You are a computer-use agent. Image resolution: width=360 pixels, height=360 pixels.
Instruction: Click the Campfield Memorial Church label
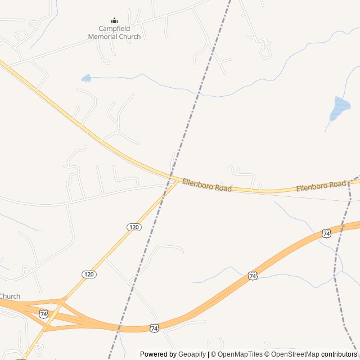tap(114, 33)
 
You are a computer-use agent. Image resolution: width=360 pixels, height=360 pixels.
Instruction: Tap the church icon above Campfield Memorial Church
tap(115, 21)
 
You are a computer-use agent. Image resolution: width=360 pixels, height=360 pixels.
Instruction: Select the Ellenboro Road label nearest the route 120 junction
tap(206, 185)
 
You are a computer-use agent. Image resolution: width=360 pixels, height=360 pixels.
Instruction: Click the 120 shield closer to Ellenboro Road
tap(133, 227)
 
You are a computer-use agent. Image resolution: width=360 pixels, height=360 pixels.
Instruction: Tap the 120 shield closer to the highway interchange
tap(89, 274)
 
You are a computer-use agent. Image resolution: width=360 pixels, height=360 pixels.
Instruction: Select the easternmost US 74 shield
tap(326, 233)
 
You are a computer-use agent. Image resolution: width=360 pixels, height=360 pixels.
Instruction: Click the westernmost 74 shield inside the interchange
tap(43, 313)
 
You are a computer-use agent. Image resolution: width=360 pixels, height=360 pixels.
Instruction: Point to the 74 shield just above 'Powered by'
tap(154, 328)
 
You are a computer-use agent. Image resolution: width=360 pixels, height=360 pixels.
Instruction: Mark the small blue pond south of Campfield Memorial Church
tap(86, 78)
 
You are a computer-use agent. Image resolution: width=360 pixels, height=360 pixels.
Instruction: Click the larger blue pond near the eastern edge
tap(339, 109)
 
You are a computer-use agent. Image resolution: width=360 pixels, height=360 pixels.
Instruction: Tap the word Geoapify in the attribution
tap(192, 354)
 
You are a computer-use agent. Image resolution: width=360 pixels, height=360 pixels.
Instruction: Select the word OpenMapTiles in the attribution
tap(240, 354)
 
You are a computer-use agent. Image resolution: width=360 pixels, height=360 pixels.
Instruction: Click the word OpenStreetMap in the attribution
tap(295, 354)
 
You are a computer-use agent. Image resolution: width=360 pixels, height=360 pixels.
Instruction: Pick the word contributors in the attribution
tap(339, 354)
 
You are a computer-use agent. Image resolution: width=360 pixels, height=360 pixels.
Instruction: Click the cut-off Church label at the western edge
tap(10, 296)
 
